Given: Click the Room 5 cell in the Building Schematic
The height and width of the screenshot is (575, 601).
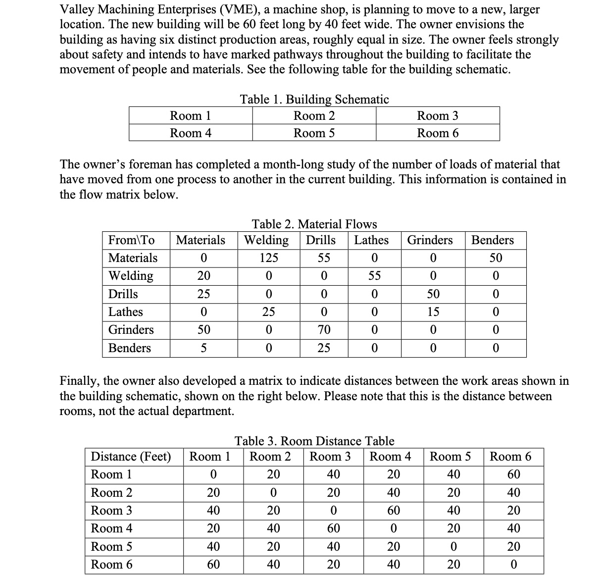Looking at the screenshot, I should point(314,133).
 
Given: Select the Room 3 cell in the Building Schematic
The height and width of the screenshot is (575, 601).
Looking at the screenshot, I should point(438,116).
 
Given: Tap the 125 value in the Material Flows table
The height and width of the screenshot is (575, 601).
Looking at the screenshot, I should point(269,258).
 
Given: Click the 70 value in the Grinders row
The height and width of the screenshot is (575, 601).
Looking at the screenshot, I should point(324,330).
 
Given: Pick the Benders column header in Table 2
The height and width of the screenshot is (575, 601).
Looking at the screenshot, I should point(493,240).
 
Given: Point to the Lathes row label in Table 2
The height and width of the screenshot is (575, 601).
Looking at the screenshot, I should point(126,312).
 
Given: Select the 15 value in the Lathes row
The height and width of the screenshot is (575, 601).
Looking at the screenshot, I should point(433,312).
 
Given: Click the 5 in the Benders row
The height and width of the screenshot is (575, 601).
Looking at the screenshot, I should point(203,348).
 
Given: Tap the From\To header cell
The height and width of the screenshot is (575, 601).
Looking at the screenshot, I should point(132,240).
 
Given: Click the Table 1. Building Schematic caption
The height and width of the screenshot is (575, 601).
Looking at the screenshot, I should point(314,99).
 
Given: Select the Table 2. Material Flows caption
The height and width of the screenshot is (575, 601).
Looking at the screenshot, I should point(314,224).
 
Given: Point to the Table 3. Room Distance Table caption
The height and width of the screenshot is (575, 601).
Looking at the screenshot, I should point(314,441).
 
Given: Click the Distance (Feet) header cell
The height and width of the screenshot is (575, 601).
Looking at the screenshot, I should point(131,456).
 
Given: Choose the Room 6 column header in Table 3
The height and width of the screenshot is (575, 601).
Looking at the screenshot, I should point(510,456).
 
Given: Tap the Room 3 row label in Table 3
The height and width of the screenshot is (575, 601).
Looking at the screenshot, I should point(112,511).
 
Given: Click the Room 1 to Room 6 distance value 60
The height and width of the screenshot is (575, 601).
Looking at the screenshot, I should point(513,474).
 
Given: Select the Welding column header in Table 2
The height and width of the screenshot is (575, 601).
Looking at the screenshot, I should point(267,240).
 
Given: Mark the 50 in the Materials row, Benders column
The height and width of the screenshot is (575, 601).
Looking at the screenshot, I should point(496,258).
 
